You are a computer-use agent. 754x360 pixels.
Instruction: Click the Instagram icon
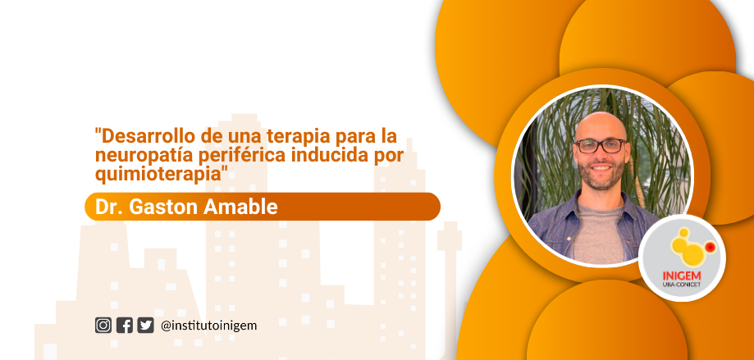(x=103, y=326)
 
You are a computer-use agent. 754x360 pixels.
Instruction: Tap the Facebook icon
(x=125, y=326)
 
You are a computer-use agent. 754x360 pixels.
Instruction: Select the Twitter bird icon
(x=146, y=326)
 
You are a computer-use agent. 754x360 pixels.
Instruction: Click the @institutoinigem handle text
(x=209, y=326)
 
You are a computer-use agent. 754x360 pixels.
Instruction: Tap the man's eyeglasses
(x=601, y=146)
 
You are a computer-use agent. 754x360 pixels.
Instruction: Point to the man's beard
(x=602, y=175)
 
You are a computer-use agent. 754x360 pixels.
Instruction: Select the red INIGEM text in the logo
(x=682, y=276)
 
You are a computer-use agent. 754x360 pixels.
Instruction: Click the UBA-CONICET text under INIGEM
(x=682, y=285)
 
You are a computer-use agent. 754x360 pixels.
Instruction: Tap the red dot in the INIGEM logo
(x=710, y=247)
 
